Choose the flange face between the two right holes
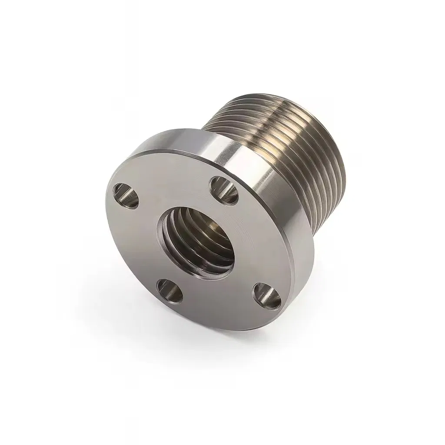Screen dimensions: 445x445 pyautogui.click(x=256, y=243)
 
